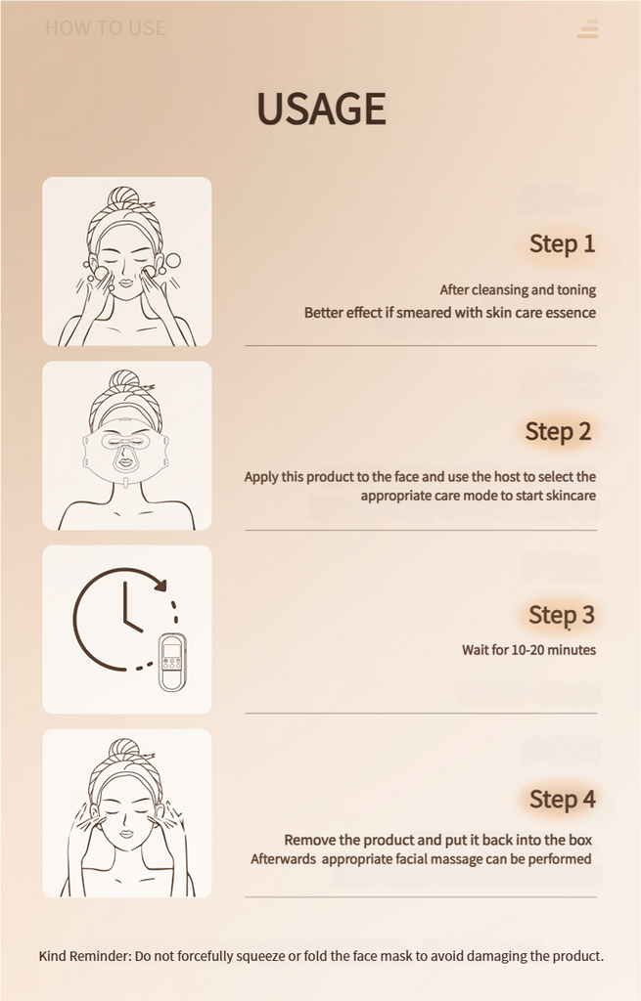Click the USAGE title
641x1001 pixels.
click(321, 108)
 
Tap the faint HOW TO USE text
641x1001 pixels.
click(106, 28)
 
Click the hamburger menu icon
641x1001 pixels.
click(588, 28)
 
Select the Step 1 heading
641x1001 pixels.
click(563, 243)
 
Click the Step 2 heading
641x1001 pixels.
click(558, 431)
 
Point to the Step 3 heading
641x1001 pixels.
click(562, 616)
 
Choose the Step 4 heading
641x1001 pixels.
click(563, 800)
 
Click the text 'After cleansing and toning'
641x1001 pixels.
click(518, 289)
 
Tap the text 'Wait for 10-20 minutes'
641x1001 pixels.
click(529, 650)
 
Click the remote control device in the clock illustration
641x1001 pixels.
click(172, 662)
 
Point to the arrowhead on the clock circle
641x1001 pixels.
click(160, 584)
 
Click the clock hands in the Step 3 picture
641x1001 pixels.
click(130, 609)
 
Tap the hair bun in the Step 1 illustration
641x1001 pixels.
click(122, 196)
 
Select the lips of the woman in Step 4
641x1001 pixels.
click(126, 833)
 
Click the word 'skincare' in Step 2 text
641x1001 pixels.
click(571, 496)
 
